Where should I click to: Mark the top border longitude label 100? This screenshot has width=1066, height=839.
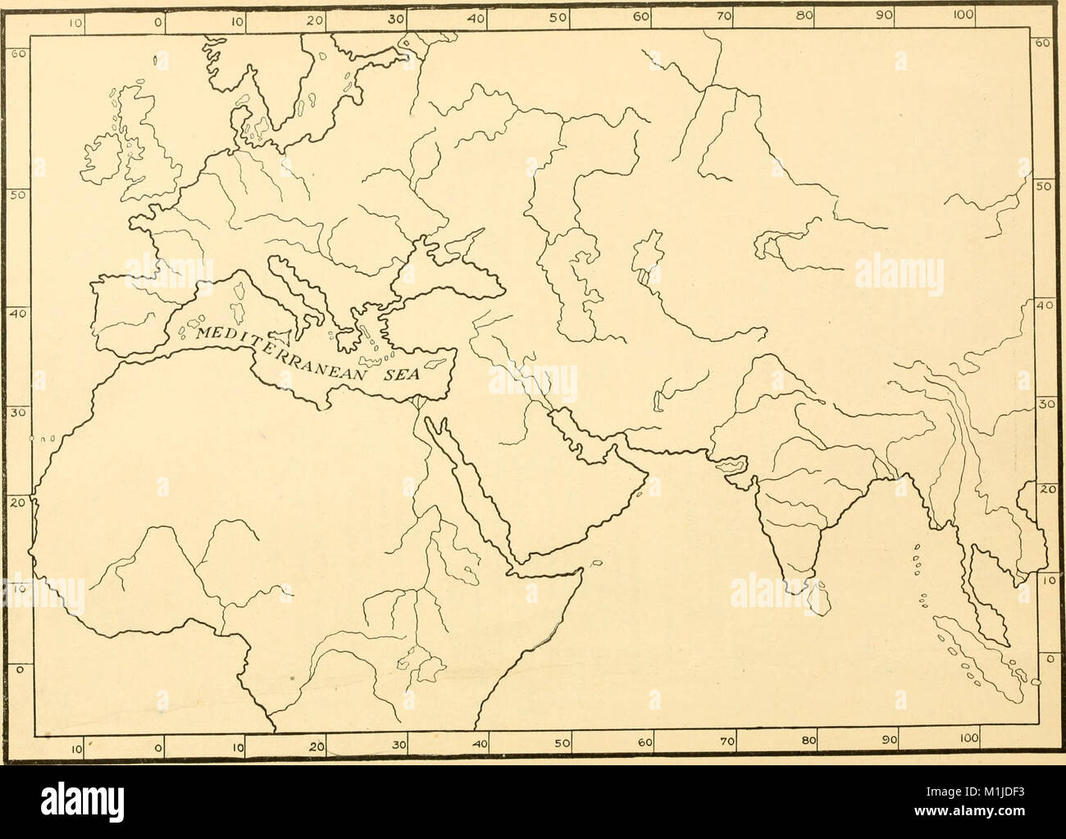coord(964,14)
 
